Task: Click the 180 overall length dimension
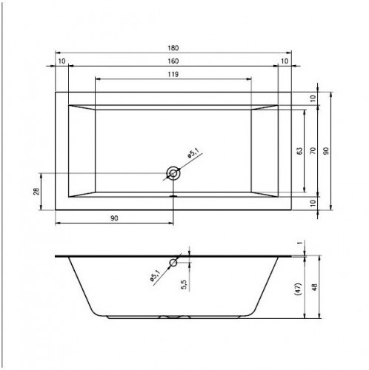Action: click(173, 48)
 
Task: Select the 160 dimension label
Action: click(173, 61)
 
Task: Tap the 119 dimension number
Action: click(173, 74)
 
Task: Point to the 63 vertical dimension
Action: click(299, 151)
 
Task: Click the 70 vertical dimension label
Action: click(313, 151)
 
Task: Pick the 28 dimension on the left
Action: click(36, 192)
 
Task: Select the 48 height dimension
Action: click(314, 287)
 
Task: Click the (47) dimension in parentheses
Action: click(299, 289)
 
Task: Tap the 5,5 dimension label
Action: click(184, 284)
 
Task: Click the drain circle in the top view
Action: click(173, 173)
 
